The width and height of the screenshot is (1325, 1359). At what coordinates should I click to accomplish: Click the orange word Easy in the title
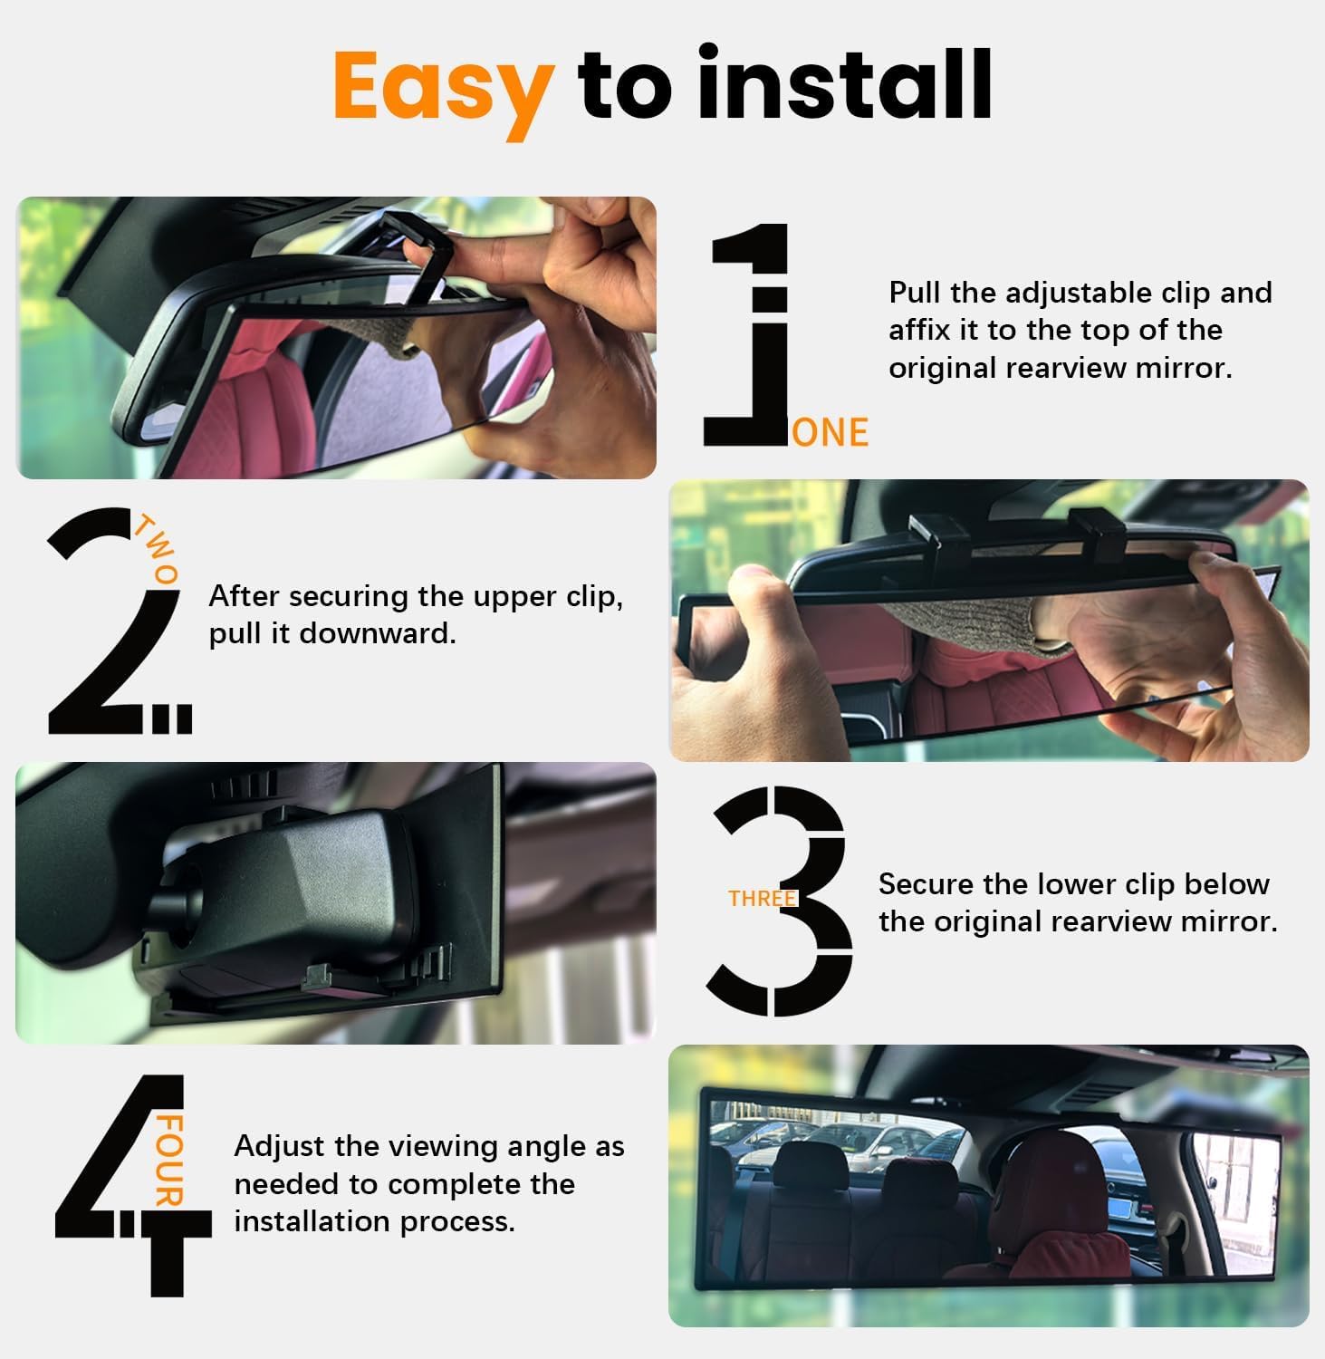click(443, 86)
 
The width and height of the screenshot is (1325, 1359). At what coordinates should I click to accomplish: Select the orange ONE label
click(830, 433)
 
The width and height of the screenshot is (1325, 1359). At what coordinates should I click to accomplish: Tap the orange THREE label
click(762, 898)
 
